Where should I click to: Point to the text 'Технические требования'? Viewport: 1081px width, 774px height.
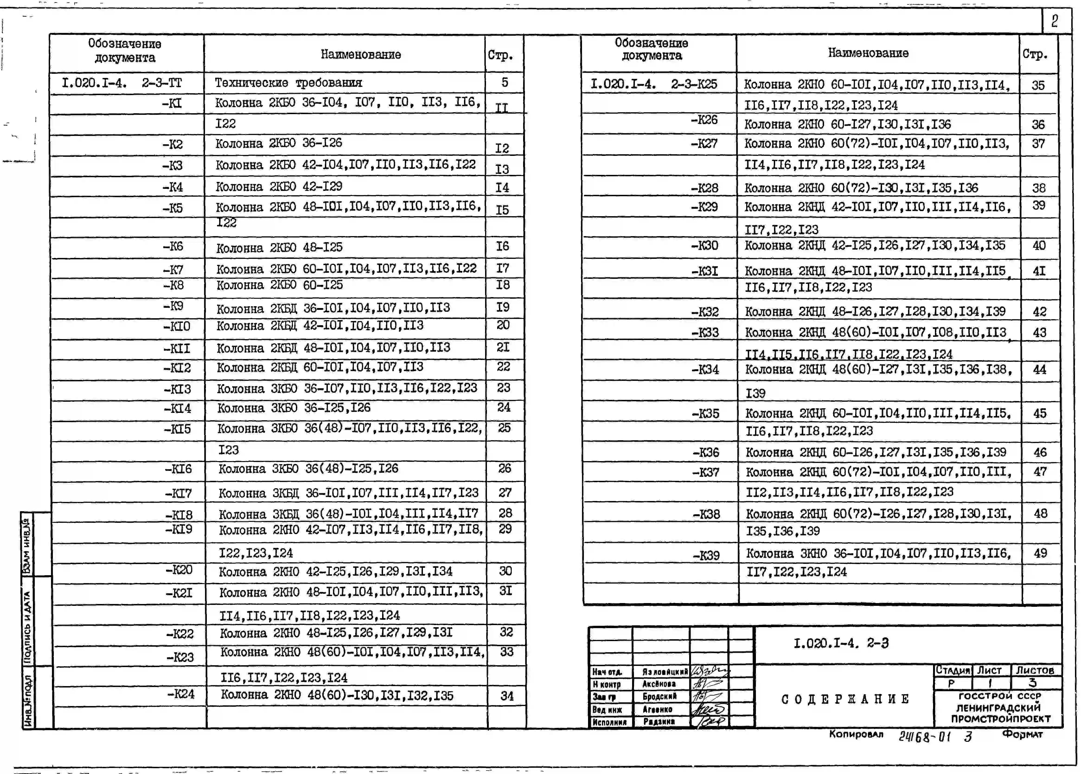288,83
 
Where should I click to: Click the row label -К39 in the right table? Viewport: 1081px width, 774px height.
706,555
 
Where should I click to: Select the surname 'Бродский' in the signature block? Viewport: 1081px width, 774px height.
659,696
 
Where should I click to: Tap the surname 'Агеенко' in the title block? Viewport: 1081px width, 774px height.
657,709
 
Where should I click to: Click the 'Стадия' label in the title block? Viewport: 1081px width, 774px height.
952,670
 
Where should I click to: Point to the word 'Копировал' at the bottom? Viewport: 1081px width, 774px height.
856,734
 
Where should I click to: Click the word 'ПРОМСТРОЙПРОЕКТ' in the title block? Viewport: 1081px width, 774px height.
1001,719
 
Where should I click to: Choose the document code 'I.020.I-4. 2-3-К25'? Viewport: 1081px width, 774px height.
653,84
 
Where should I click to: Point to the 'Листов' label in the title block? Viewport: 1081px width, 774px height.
1035,670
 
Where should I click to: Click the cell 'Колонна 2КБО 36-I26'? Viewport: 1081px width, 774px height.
279,143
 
